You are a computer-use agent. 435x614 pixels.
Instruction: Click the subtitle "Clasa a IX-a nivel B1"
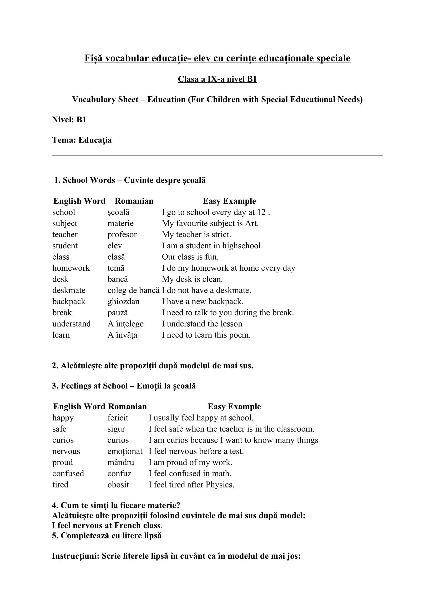(217, 79)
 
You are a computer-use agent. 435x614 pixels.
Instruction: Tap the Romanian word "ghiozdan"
(124, 301)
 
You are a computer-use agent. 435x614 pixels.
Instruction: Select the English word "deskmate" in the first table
(69, 290)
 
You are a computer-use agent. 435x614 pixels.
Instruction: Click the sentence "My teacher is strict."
(196, 234)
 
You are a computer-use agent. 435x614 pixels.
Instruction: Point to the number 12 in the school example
(261, 212)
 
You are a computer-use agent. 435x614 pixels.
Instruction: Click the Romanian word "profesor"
(122, 234)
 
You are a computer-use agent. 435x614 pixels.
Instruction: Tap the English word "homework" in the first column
(71, 268)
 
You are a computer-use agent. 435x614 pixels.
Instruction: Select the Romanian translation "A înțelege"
(126, 324)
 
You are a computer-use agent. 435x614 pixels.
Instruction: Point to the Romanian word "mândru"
(121, 462)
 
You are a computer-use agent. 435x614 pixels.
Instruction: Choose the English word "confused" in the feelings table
(68, 474)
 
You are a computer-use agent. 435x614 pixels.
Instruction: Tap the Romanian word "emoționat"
(125, 451)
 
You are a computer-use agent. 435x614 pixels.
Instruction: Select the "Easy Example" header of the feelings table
(234, 406)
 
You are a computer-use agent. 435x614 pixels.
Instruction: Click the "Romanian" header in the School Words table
(134, 201)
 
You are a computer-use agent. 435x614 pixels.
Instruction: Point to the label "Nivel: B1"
(69, 119)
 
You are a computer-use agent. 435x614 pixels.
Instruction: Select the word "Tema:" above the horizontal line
(64, 140)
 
